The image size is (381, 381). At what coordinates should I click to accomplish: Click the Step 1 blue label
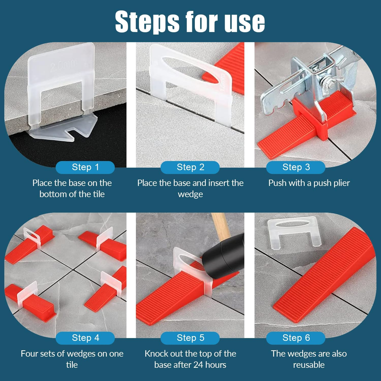(x=85, y=167)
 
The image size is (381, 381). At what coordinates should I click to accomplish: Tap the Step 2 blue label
(x=190, y=167)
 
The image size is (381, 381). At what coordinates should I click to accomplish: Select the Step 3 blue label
(x=296, y=167)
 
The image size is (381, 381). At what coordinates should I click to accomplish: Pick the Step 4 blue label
(x=85, y=338)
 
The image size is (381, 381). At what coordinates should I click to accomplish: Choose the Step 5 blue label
(x=190, y=338)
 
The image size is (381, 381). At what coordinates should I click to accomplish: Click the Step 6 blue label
(x=296, y=338)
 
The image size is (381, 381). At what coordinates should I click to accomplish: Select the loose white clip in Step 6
(x=292, y=230)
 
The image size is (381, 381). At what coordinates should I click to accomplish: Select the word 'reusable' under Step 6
(x=309, y=365)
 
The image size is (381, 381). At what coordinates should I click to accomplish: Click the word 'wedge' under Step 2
(x=190, y=194)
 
